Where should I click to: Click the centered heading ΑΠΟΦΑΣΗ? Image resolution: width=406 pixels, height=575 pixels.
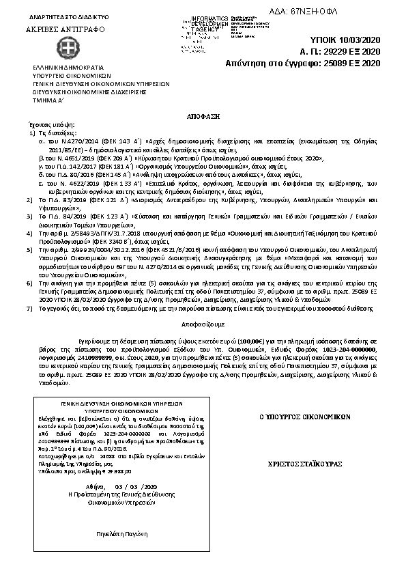[x=203, y=117]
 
